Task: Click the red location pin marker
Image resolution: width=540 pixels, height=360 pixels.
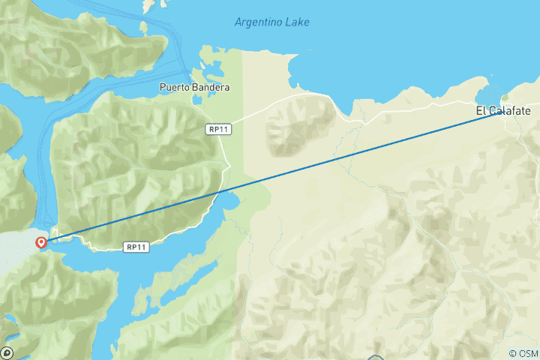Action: (x=41, y=242)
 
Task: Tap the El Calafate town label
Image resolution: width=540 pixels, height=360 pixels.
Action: (x=502, y=111)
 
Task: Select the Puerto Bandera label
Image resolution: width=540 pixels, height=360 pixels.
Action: (x=194, y=87)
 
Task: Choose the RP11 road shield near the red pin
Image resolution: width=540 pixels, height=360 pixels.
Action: (x=135, y=246)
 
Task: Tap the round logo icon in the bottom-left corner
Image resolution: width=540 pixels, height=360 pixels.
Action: (x=7, y=352)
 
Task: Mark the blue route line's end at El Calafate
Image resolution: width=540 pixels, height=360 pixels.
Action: (x=499, y=112)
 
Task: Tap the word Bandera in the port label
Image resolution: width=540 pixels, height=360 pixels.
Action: (x=211, y=87)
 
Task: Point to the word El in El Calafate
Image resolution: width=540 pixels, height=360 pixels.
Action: (x=480, y=111)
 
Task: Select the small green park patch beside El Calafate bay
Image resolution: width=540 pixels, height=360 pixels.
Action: (x=505, y=97)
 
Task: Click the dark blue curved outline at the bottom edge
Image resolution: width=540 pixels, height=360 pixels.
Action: (x=376, y=357)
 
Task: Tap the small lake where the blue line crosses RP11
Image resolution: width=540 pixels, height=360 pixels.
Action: (x=229, y=199)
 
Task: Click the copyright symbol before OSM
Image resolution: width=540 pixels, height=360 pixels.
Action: (x=512, y=353)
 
